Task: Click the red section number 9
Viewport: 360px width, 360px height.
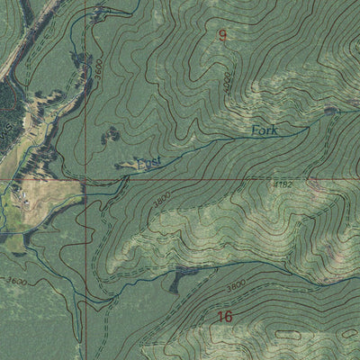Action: point(223,35)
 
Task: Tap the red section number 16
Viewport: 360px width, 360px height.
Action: point(224,316)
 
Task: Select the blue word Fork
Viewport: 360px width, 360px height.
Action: point(265,131)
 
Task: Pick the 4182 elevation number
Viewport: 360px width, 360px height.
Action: point(283,184)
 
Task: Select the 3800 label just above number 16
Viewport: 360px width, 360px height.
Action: point(236,286)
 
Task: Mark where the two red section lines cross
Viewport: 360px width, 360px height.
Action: point(85,180)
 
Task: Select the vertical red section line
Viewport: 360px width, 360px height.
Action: point(85,270)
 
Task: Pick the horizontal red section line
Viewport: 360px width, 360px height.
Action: point(225,180)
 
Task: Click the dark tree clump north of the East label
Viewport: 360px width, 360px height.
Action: point(112,135)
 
